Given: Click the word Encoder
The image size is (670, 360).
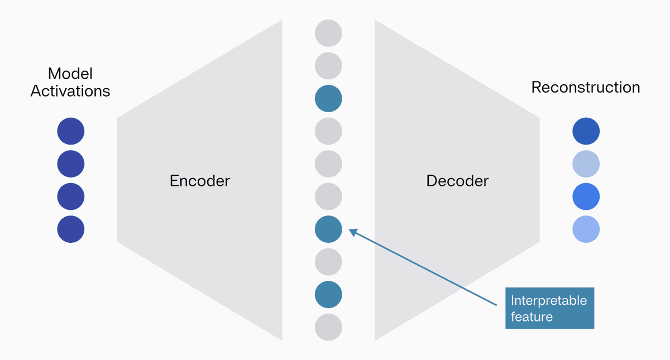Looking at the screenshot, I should point(199,181).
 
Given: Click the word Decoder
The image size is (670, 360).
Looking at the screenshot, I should point(457,181).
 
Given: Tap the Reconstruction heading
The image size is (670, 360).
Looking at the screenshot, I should point(585,88).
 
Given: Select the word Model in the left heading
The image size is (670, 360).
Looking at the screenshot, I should point(70,74).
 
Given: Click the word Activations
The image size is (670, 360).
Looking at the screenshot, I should point(70,91).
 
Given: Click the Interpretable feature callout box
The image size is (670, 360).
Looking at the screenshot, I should point(549,308).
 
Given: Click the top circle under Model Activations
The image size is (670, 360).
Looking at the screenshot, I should point(71,132).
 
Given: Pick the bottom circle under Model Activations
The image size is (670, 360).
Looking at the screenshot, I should point(71,229).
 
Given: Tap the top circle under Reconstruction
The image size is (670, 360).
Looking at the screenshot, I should point(586,132).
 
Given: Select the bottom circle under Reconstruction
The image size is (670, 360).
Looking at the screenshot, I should point(586,229).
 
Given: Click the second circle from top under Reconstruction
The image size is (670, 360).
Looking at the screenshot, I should point(586,164).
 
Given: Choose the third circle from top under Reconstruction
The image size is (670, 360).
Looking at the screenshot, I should point(586,196).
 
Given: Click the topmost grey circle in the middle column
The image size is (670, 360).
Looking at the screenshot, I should point(328,33).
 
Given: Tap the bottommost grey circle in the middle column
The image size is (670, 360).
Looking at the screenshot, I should point(328,327).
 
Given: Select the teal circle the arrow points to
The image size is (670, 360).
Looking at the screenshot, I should point(328,229).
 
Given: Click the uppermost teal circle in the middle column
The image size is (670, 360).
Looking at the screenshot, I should point(328,99).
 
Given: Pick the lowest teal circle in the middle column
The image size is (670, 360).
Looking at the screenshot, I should point(328,295).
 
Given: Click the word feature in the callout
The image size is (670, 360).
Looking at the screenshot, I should point(532,317).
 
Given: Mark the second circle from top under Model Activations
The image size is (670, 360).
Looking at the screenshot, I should point(71,164).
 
